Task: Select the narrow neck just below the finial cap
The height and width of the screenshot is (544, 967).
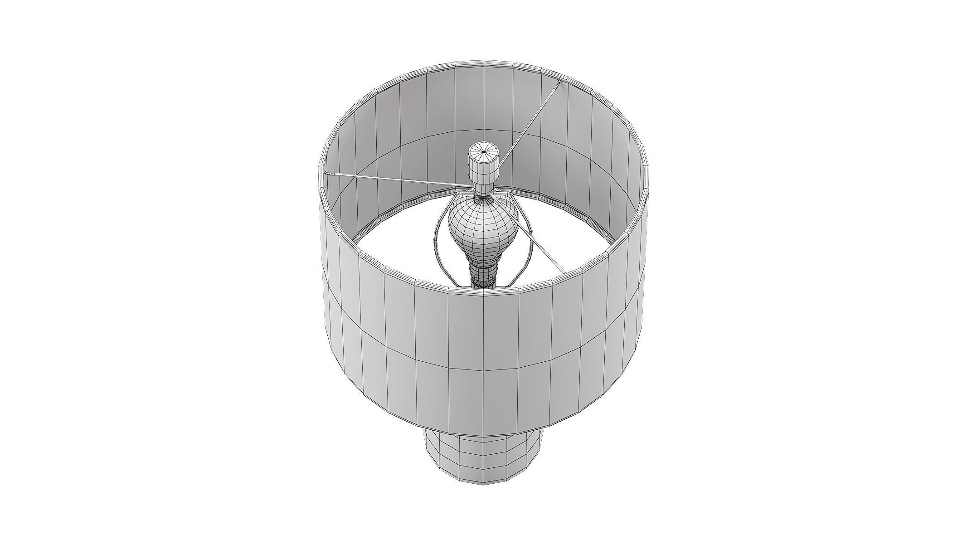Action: (x=483, y=188)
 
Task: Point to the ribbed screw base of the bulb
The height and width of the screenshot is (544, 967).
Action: (x=483, y=272)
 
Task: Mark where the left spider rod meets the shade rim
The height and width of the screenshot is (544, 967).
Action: (x=326, y=173)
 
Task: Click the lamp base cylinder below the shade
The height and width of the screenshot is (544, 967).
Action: (x=483, y=458)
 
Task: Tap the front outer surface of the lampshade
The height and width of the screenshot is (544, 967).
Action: (x=483, y=363)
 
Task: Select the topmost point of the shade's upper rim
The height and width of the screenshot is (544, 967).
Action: (x=483, y=72)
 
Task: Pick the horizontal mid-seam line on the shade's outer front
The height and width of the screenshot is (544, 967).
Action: (x=483, y=371)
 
